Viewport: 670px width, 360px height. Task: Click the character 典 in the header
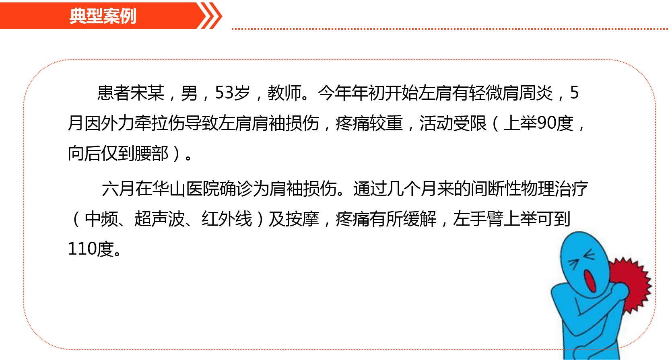[78, 16]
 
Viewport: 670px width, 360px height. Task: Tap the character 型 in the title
[94, 16]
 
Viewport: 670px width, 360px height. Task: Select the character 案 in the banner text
[111, 16]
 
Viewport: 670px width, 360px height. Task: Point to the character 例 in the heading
[128, 16]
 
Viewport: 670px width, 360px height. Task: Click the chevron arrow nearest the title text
[206, 16]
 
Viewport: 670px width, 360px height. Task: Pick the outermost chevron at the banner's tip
[216, 16]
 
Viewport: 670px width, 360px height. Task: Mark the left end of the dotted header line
[233, 29]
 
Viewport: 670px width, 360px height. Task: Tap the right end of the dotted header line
[667, 29]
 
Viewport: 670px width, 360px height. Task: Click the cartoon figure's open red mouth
[590, 281]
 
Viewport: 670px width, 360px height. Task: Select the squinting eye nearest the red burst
[589, 255]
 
